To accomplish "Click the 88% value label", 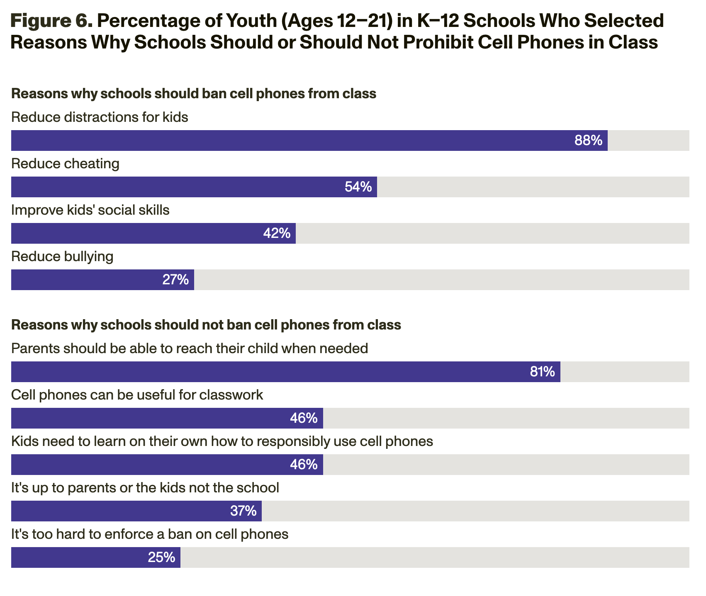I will [588, 141].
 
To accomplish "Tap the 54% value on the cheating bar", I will [358, 187].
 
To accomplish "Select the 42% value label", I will [277, 234].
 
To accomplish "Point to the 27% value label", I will [175, 280].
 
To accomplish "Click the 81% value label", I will [542, 372].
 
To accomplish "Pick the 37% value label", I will [243, 511].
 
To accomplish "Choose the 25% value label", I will [162, 558].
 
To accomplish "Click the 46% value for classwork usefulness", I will [304, 419].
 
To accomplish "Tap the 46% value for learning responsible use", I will [304, 465].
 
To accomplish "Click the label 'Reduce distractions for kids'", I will [100, 118].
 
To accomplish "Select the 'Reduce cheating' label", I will [65, 164].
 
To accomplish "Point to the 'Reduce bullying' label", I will [62, 257].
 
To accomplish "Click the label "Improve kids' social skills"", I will [90, 211].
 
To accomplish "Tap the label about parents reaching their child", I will [190, 349].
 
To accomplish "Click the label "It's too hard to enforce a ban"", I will [149, 534].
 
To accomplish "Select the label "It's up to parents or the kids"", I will [145, 488].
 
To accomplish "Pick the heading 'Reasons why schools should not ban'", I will [206, 325].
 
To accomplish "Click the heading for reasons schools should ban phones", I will [193, 94].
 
